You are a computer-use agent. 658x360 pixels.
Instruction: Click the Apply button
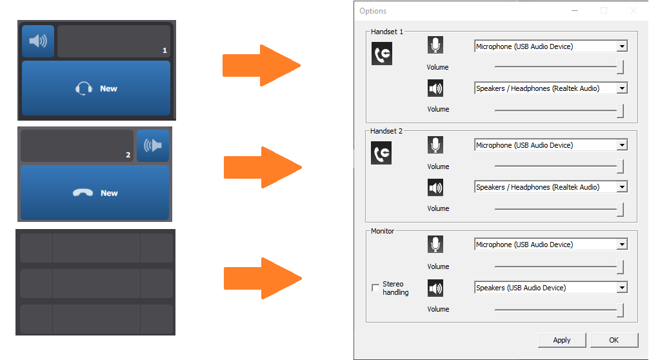(x=562, y=340)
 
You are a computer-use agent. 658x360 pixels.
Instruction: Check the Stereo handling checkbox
(x=375, y=288)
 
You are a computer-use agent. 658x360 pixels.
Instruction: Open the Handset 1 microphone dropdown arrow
(x=622, y=46)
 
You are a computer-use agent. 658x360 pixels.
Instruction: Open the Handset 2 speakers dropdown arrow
(x=622, y=186)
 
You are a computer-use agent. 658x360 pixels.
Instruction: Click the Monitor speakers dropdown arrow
(x=622, y=287)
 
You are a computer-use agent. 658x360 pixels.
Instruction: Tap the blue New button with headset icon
(x=96, y=88)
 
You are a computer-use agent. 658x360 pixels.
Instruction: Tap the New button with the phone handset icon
(x=95, y=193)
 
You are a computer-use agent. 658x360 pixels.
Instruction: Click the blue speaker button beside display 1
(x=38, y=41)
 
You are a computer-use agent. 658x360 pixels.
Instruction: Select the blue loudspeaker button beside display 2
(x=153, y=146)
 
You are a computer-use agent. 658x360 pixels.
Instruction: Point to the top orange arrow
(x=261, y=65)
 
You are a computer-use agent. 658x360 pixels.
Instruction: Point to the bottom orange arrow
(x=263, y=278)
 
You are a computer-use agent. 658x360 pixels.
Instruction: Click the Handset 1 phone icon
(x=382, y=54)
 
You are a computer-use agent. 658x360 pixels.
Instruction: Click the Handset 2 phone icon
(x=381, y=153)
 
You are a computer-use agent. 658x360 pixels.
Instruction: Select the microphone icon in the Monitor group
(x=435, y=245)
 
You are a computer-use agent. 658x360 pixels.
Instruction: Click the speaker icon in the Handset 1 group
(x=435, y=88)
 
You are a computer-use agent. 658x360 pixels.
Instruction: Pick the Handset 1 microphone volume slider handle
(x=620, y=66)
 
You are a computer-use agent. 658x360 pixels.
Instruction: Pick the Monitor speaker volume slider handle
(x=620, y=310)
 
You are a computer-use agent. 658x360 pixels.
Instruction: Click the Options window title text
(x=373, y=11)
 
